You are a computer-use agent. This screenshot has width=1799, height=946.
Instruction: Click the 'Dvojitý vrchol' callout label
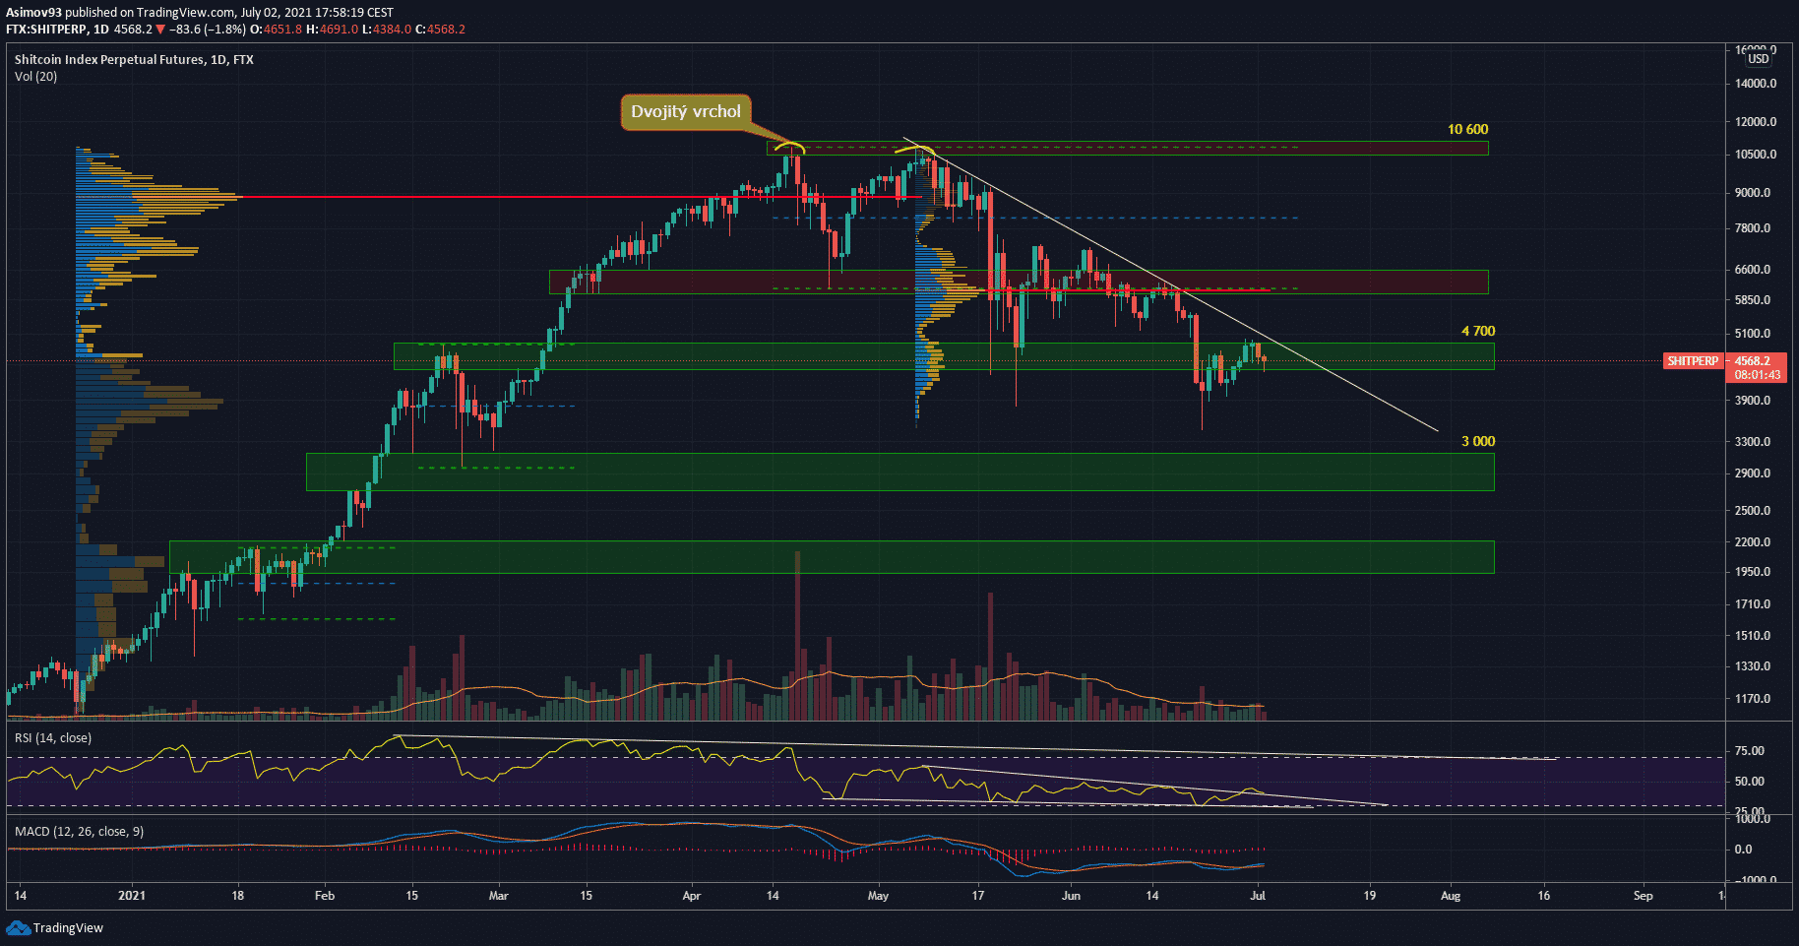coord(685,112)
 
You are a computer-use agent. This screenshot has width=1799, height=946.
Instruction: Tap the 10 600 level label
coord(1467,130)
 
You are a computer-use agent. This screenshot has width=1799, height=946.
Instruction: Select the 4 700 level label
coord(1477,332)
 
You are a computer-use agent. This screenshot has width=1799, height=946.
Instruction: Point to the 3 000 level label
coord(1477,442)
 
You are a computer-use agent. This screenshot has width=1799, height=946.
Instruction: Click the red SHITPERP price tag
coord(1692,361)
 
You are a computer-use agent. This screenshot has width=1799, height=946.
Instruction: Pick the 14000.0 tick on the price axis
coord(1756,84)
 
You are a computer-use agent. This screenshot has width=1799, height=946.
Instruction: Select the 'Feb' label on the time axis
coord(325,896)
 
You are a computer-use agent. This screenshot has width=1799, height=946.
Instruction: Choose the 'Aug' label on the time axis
coord(1451,896)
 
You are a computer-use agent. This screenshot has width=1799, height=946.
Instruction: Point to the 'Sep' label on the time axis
coord(1643,896)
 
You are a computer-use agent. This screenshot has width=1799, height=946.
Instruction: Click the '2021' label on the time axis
coord(132,896)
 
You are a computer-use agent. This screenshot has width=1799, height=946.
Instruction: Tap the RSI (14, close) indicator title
coord(53,738)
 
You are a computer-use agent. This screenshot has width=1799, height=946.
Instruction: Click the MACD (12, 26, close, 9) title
coord(79,832)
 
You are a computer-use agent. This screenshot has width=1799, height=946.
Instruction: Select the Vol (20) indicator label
coord(35,77)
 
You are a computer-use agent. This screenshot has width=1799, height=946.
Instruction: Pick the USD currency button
coord(1759,59)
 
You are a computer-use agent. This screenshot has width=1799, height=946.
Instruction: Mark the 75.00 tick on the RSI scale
coord(1749,751)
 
